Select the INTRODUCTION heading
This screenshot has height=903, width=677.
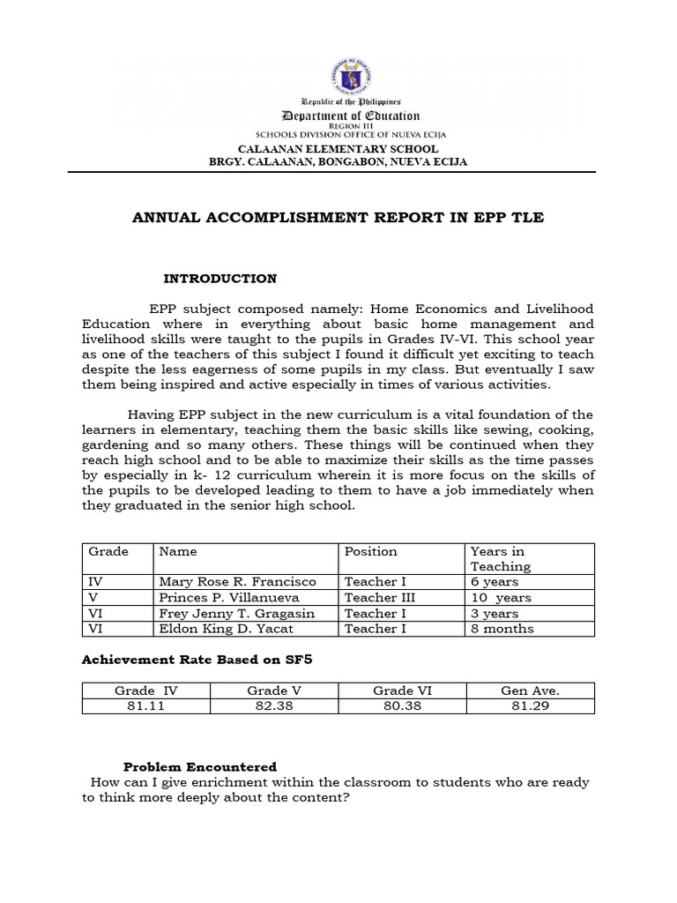(220, 279)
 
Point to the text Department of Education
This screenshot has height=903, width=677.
(351, 116)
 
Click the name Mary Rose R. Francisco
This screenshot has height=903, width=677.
(237, 582)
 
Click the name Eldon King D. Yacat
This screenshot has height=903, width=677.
(227, 629)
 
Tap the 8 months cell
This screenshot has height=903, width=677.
(502, 629)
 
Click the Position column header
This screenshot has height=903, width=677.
(371, 551)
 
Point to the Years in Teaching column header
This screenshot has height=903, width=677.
(501, 558)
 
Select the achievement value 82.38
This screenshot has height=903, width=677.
(273, 706)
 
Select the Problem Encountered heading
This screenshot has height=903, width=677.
(200, 766)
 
